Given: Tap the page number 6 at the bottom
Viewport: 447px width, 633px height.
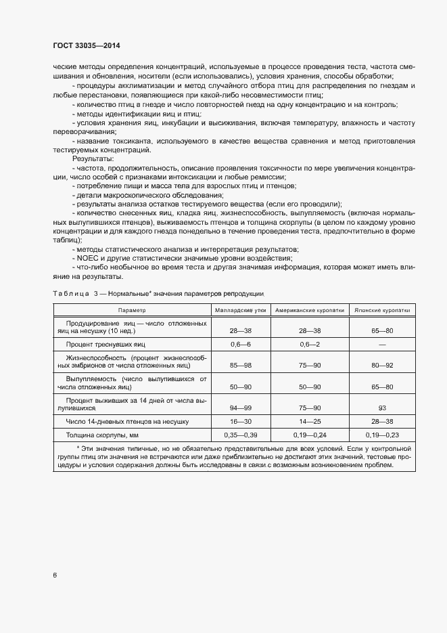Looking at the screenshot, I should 55,575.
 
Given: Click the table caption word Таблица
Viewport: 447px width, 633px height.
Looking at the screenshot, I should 70,293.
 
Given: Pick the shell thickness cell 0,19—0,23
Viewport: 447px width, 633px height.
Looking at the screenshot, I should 382,433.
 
